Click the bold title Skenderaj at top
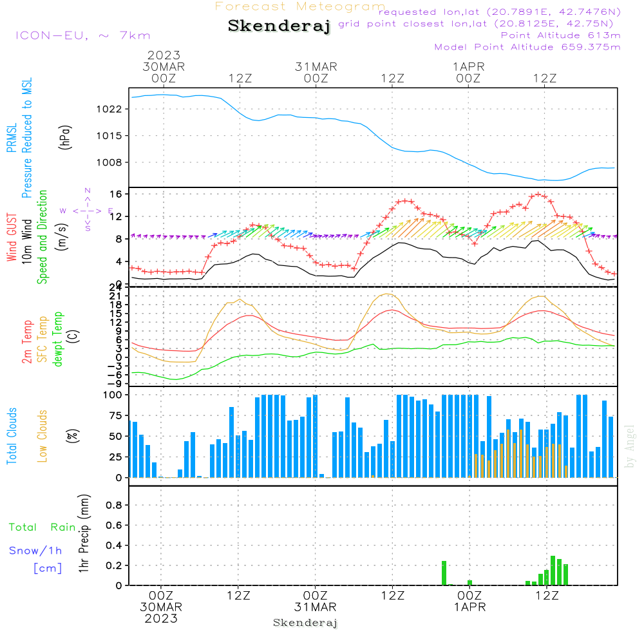coord(279,26)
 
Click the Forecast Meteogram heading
coord(299,6)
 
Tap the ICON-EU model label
coord(82,35)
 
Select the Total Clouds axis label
coord(12,436)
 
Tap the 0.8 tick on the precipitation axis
coord(113,506)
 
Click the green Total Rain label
coord(42,527)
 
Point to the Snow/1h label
coord(35,551)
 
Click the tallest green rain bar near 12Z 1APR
coord(553,571)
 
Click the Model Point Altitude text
coord(527,47)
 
